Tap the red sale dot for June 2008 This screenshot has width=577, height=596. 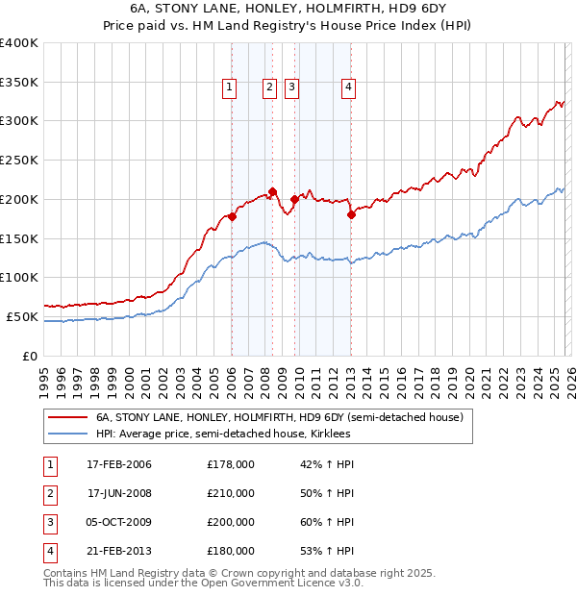pos(273,191)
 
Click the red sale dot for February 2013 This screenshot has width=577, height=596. pos(351,215)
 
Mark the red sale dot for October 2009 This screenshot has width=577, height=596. pos(294,199)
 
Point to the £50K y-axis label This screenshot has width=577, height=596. pos(21,316)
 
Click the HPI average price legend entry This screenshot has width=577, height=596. pos(222,435)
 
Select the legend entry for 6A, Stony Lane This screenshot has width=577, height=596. pos(279,418)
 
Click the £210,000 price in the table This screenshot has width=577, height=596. pos(231,493)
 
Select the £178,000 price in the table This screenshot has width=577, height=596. pos(231,464)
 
